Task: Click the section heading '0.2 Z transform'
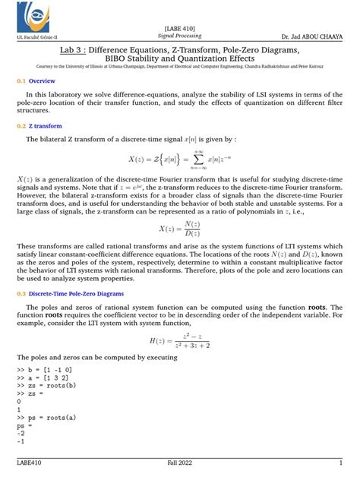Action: tap(41, 126)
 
